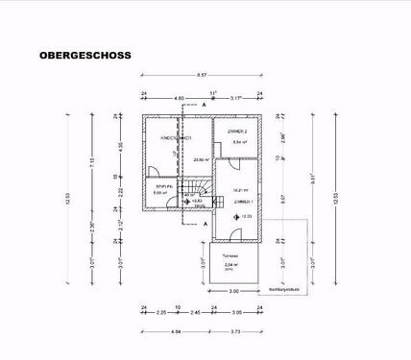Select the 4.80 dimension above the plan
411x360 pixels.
[x=179, y=97]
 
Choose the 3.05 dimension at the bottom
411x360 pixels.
[x=237, y=312]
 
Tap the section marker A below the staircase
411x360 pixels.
[x=205, y=222]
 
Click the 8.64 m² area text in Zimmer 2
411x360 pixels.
[x=238, y=142]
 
